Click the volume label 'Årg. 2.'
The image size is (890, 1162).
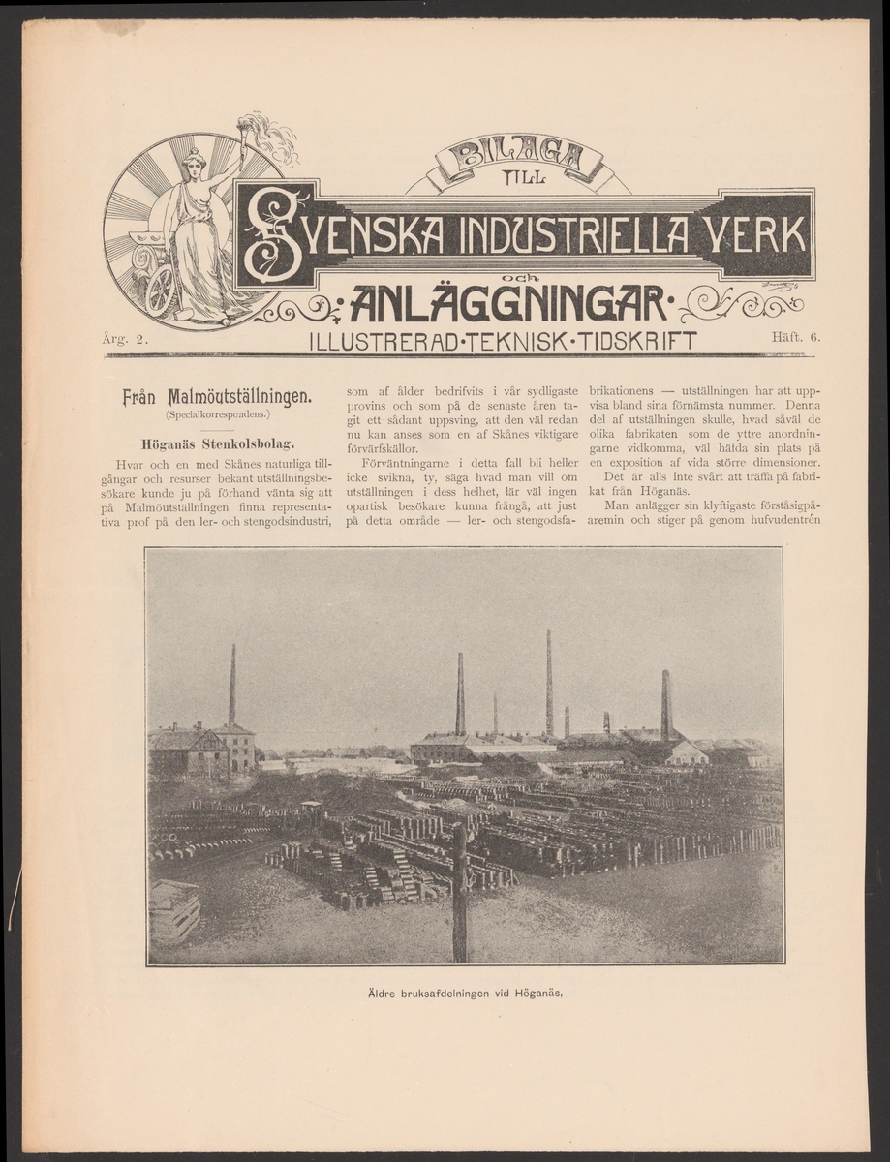pos(123,337)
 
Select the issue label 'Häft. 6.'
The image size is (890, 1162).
pos(796,336)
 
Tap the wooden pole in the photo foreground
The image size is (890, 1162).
pos(460,891)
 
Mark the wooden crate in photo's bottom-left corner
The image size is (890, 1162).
pos(175,911)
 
